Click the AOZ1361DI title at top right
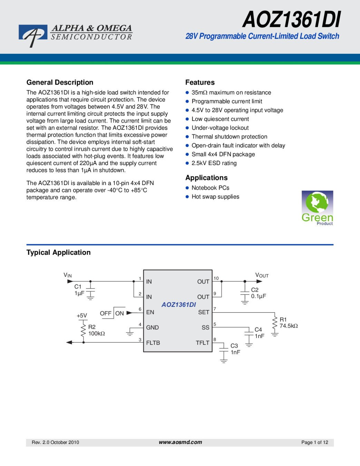pos(291,20)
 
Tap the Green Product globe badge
pos(317,208)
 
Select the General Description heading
pos(60,82)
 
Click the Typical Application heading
pos(59,252)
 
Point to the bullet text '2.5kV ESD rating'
pos(214,163)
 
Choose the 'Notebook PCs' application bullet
pos(210,188)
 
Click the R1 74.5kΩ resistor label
pos(289,323)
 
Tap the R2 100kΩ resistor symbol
pos(83,331)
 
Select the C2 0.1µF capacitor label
pos(259,293)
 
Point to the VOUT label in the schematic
pos(262,275)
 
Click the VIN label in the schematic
pos(68,275)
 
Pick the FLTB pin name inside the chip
pos(153,343)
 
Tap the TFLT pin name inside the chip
pos(202,343)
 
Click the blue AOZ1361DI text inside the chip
pos(178,305)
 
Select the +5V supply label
pos(82,315)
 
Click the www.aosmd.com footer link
pos(180,442)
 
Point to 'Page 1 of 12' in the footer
pos(314,442)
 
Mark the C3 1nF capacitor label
pos(235,349)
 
